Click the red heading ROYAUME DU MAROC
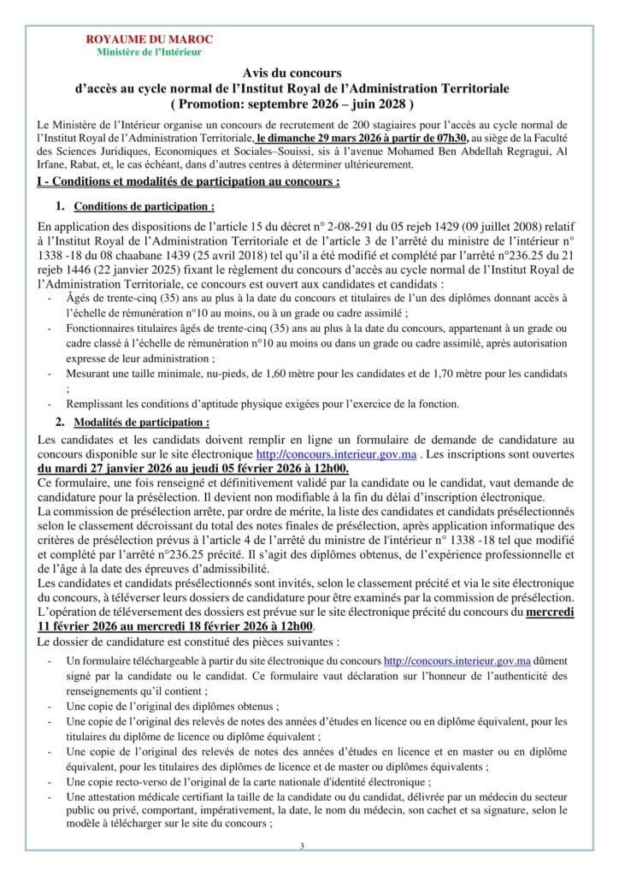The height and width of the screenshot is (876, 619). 150,39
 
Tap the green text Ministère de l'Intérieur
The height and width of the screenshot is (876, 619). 150,52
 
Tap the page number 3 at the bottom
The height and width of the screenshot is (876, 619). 302,845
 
